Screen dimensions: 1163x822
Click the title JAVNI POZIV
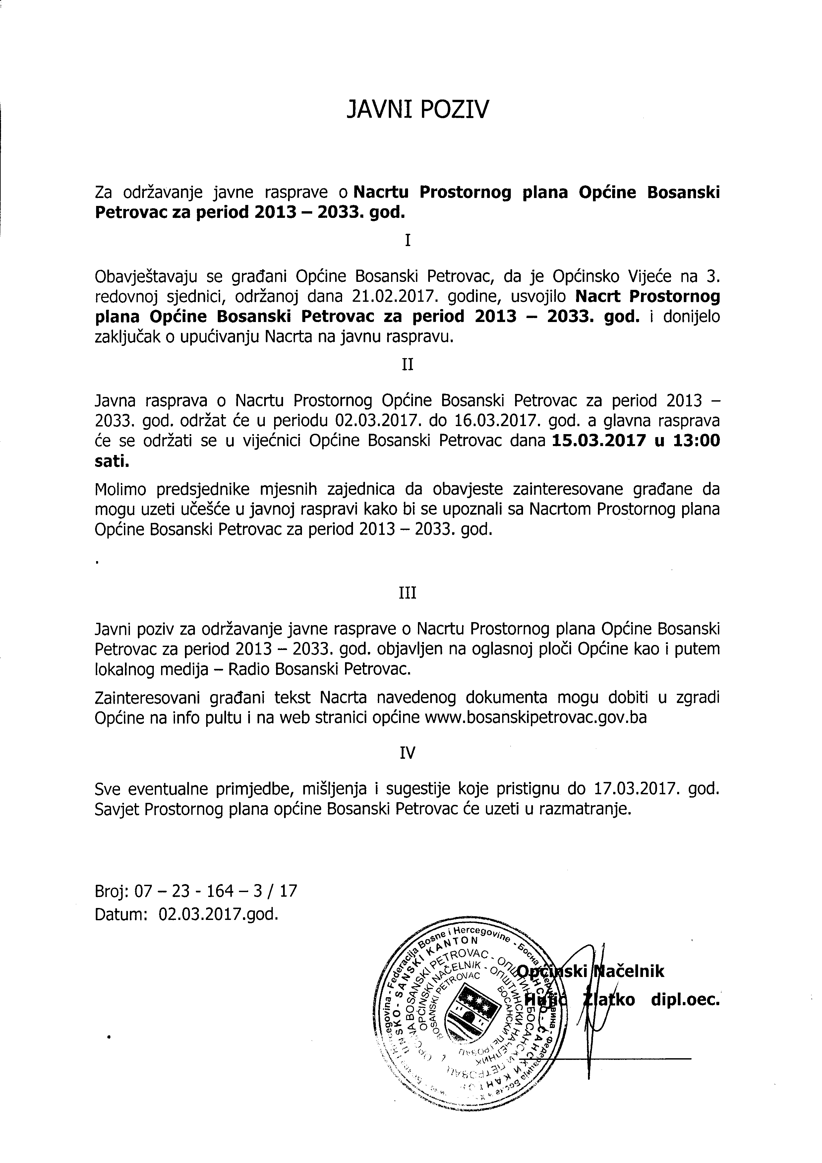(x=418, y=110)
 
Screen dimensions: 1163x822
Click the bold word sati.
(x=112, y=461)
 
